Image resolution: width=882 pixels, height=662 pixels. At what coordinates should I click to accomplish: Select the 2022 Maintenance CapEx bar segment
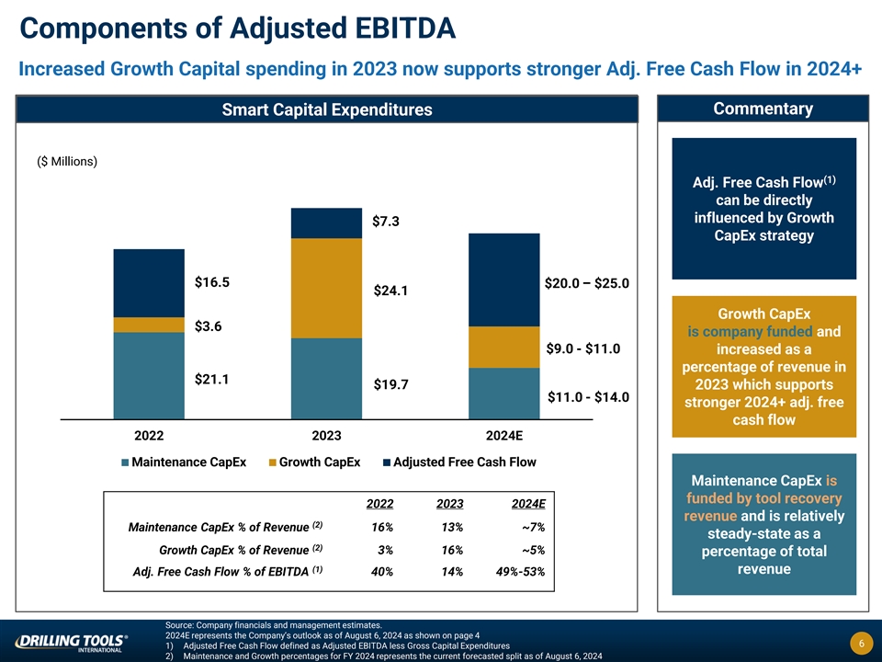[149, 375]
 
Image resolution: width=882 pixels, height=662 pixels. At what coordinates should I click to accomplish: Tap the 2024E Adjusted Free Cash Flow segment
[503, 280]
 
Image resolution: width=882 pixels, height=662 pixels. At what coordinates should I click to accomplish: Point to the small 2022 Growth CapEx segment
[149, 325]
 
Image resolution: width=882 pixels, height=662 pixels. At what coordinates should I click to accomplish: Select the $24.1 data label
[390, 291]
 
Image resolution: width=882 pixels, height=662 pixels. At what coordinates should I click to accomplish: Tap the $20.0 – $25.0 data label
[586, 283]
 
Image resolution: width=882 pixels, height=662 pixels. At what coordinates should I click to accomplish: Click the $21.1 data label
[211, 379]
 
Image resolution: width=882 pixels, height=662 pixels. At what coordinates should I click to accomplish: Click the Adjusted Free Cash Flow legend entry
[458, 462]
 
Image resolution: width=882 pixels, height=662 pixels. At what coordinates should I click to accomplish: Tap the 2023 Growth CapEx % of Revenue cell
[449, 550]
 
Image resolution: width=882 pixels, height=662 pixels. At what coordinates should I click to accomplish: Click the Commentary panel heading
[763, 109]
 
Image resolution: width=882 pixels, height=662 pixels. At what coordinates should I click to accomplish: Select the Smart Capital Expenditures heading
[327, 110]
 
